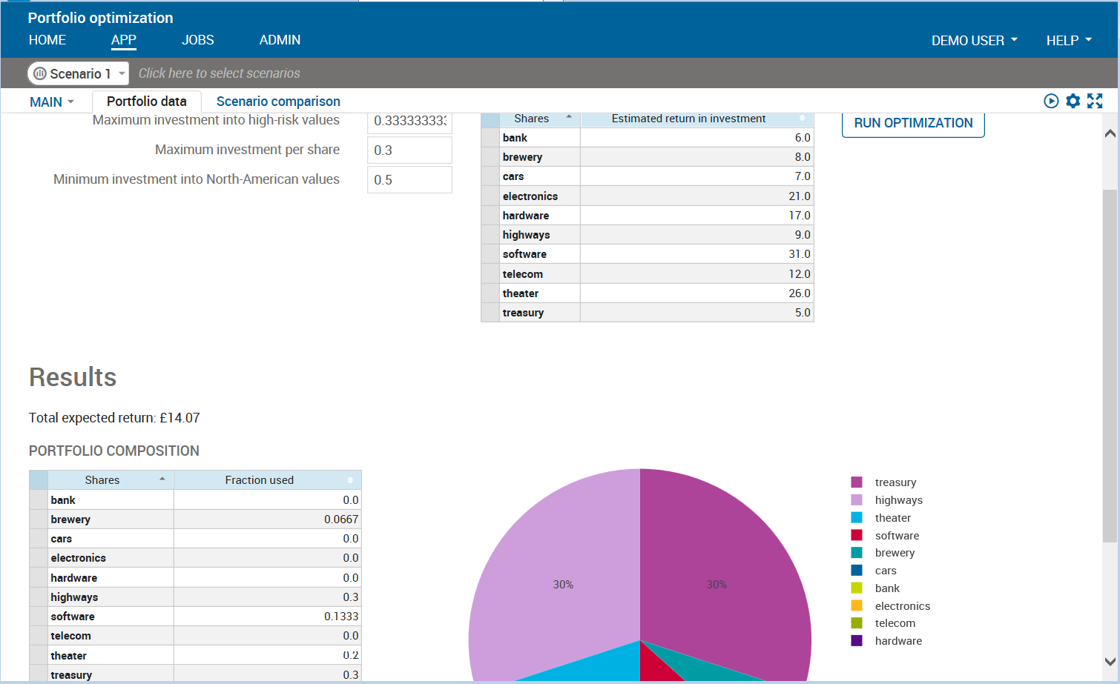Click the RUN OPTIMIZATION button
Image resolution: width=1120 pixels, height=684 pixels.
[x=913, y=124]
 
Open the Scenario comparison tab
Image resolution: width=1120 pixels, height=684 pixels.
[x=278, y=102]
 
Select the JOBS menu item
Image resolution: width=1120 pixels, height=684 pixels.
[x=197, y=40]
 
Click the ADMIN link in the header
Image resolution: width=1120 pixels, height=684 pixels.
[x=280, y=40]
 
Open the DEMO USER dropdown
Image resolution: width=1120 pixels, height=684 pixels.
[x=974, y=41]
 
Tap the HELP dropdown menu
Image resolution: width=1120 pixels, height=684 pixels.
[x=1068, y=41]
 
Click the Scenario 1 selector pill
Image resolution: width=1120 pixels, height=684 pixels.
[x=78, y=73]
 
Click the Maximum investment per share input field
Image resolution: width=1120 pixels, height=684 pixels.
[x=409, y=150]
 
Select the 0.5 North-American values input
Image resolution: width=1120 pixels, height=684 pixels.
[x=409, y=180]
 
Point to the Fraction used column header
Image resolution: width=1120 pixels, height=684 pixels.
[x=260, y=480]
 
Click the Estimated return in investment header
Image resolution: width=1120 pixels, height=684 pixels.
[x=688, y=119]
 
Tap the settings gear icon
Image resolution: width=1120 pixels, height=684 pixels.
[x=1073, y=101]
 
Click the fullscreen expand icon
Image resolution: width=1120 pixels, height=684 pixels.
[x=1095, y=101]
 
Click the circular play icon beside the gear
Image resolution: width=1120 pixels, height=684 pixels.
[x=1051, y=101]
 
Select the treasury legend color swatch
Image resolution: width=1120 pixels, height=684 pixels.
[x=857, y=482]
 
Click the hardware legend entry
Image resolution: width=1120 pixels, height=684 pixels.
[x=898, y=641]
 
